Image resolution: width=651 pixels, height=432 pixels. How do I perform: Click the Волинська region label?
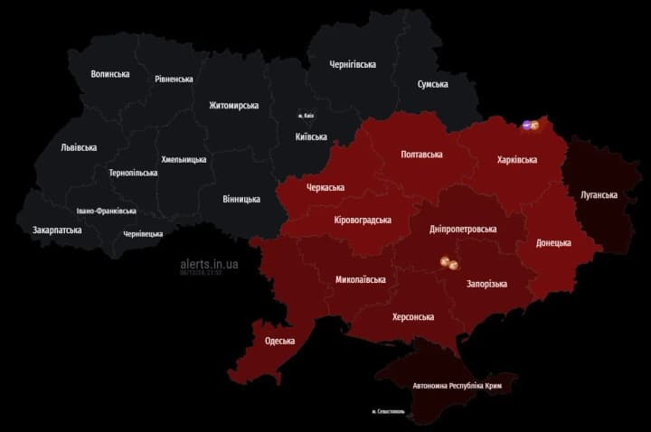point(111,74)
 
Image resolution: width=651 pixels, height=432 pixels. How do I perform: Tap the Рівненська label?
point(174,79)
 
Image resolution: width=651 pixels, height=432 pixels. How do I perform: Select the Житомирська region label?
point(233,105)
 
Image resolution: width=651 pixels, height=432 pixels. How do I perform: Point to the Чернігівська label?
point(353,64)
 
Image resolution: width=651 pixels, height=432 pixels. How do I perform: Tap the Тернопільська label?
point(133,172)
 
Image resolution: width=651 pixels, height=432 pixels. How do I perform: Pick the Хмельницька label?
point(184,159)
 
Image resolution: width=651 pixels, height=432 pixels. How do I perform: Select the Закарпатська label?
point(57,230)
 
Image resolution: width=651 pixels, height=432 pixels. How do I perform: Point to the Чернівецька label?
point(144,233)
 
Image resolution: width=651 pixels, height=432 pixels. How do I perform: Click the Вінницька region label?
point(241,199)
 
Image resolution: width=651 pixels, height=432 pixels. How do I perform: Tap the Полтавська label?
point(421,155)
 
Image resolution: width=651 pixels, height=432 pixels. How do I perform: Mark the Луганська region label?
point(599,194)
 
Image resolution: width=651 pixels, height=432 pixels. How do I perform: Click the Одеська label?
point(280,341)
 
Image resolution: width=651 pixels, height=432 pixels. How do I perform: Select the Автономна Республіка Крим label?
point(457,385)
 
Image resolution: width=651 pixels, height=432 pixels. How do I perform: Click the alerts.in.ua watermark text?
point(209,263)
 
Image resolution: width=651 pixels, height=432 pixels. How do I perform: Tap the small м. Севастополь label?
point(389,412)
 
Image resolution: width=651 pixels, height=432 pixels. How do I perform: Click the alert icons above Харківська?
point(531,126)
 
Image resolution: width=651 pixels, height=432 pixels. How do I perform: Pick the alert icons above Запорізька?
point(449,263)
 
